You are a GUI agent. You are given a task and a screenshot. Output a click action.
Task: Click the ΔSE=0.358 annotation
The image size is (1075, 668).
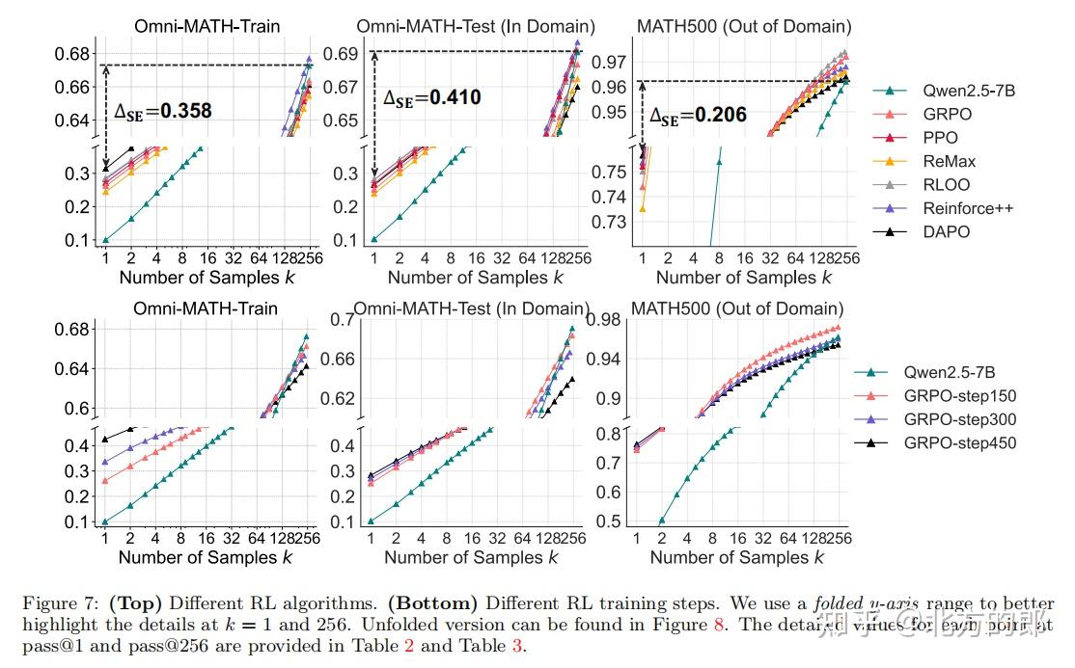[x=163, y=111]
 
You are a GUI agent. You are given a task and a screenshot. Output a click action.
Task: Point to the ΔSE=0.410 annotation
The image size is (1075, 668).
[x=431, y=97]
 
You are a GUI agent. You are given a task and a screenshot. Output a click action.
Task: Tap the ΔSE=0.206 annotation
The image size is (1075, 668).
[x=698, y=116]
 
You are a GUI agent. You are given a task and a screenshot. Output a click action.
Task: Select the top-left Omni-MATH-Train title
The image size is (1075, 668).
[x=206, y=26]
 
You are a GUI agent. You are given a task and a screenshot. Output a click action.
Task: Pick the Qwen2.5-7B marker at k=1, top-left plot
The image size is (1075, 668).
[x=105, y=240]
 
